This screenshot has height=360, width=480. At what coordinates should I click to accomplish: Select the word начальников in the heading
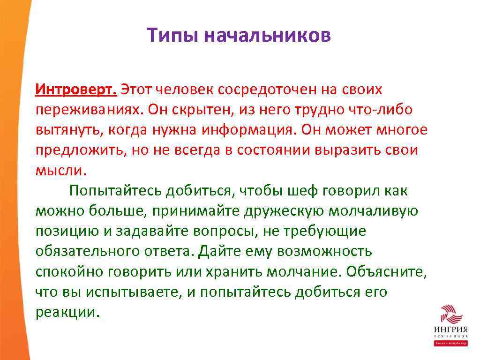tap(268, 36)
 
